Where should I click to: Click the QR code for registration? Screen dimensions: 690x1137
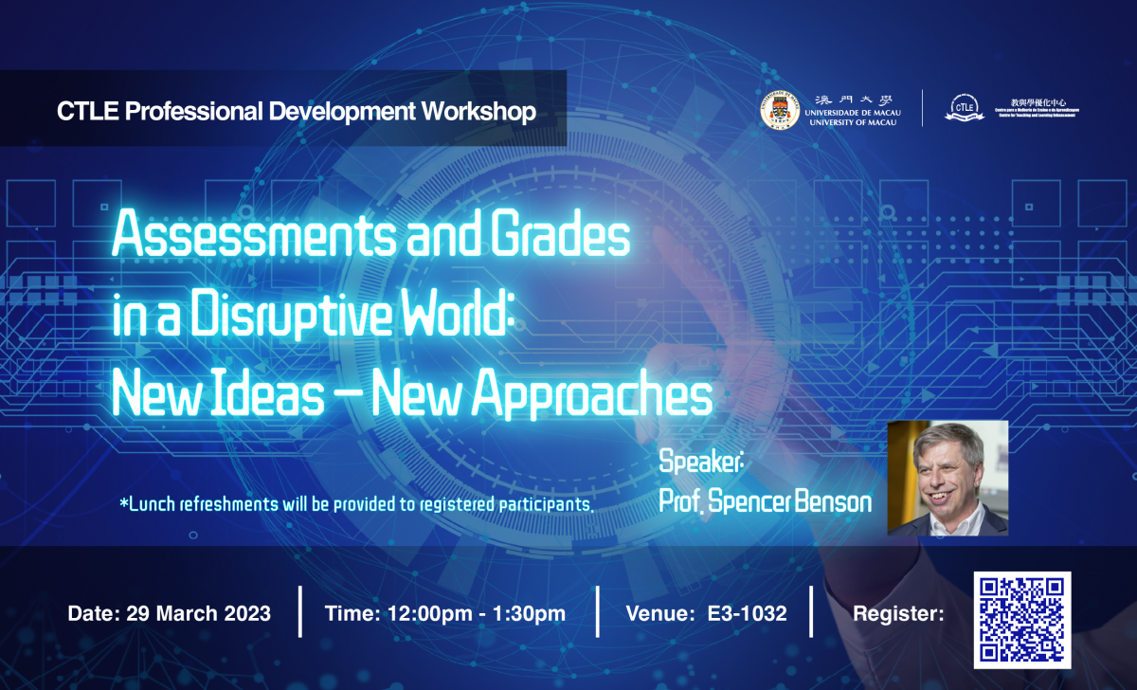tap(1022, 617)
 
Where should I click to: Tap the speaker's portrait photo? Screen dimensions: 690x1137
tap(947, 479)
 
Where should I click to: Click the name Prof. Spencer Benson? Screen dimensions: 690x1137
tap(765, 501)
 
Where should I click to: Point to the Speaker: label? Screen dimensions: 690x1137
tap(701, 463)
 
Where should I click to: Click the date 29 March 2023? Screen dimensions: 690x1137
tap(198, 613)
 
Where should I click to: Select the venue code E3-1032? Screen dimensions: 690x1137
tap(747, 613)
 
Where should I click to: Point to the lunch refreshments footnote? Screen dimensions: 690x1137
tap(356, 504)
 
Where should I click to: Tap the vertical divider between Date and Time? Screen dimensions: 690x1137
tap(299, 612)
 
